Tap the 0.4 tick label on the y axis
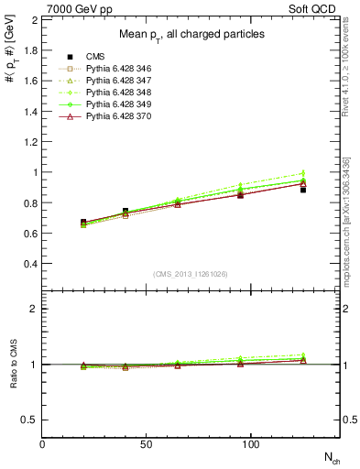[30, 264]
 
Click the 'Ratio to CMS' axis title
[12, 365]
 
